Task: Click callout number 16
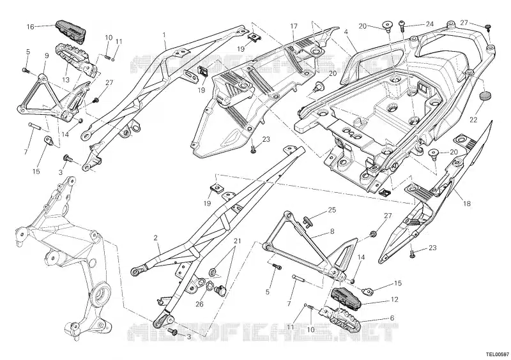(30, 27)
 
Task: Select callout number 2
(156, 237)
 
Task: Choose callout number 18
(392, 318)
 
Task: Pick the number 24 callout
(430, 25)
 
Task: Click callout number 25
(332, 210)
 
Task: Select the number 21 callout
(237, 241)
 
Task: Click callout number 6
(392, 318)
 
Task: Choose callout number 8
(332, 231)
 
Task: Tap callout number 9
(47, 56)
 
